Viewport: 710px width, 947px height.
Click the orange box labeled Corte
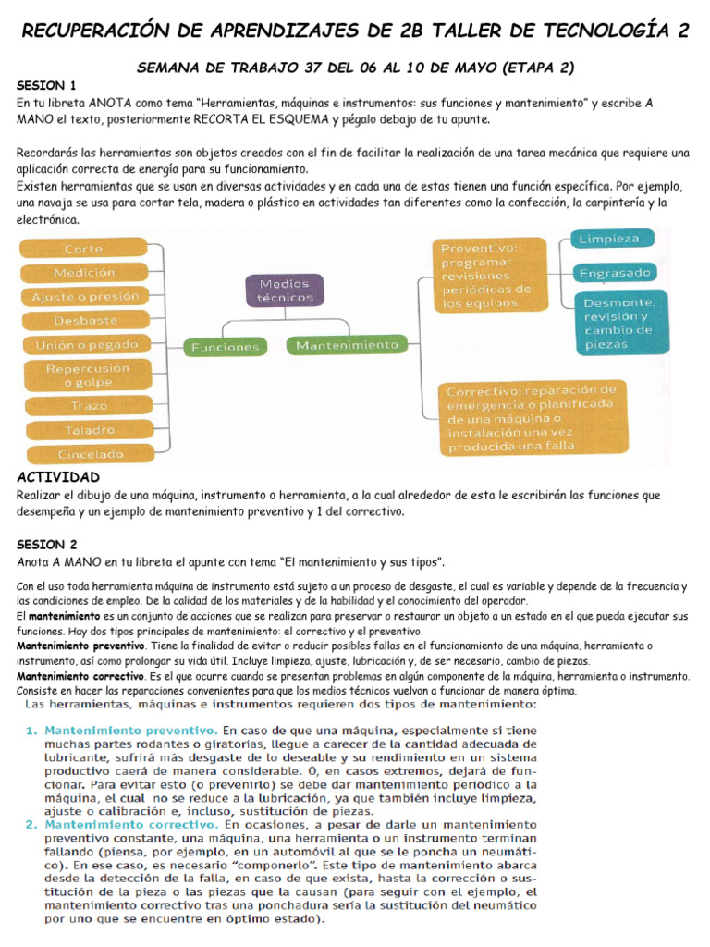point(83,249)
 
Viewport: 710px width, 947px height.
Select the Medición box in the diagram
point(84,273)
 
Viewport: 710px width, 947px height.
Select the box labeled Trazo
point(89,405)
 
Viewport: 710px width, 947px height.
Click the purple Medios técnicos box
point(285,290)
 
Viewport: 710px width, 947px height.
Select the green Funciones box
point(224,347)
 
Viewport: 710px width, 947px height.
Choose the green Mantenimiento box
point(347,345)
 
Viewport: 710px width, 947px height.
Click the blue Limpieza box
point(609,239)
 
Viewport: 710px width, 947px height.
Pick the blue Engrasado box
point(615,273)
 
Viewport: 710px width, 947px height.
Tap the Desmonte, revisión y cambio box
point(618,323)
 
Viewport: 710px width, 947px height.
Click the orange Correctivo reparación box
point(531,417)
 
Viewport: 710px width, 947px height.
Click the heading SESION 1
point(46,85)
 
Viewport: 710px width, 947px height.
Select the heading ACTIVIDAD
point(58,477)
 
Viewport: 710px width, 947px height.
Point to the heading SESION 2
point(47,544)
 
